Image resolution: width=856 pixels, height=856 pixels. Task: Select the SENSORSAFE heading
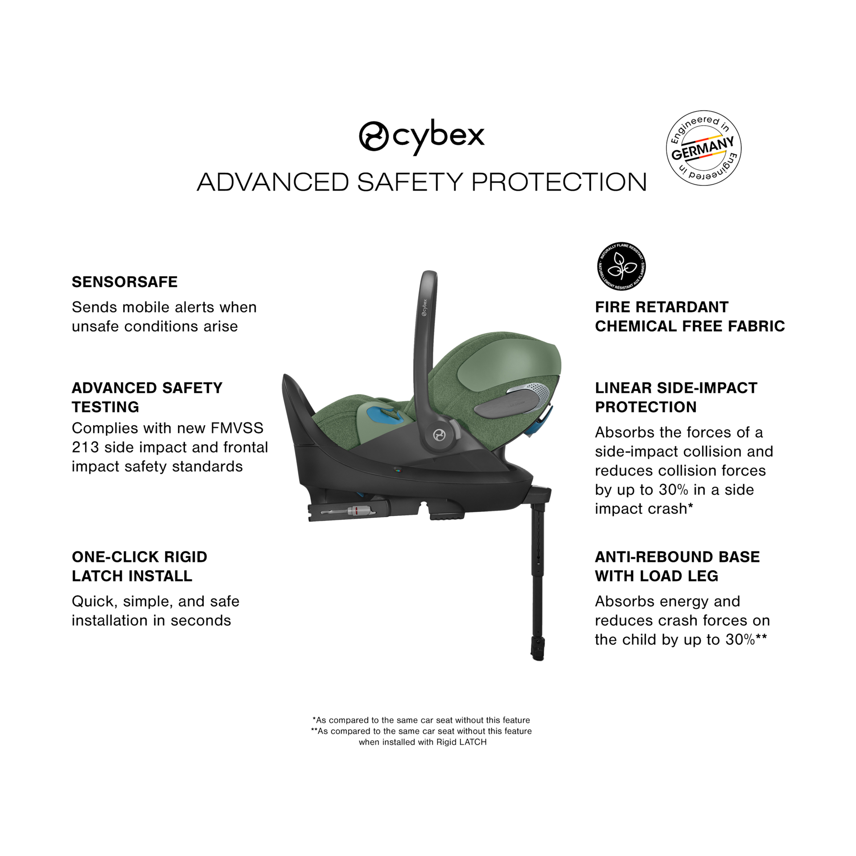point(125,282)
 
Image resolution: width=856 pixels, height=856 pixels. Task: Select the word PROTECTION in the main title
point(559,182)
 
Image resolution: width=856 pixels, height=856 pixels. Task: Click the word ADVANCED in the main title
point(272,182)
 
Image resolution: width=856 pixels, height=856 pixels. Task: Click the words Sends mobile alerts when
point(164,307)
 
